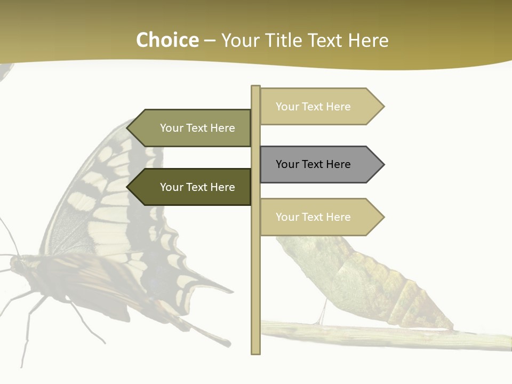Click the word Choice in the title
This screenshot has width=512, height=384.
(167, 41)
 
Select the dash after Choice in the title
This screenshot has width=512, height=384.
(210, 41)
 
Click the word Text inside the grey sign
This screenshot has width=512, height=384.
(313, 164)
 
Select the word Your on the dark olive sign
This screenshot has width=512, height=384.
(171, 187)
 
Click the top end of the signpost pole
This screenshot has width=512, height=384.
(255, 87)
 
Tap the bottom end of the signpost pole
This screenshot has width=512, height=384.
(255, 352)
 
